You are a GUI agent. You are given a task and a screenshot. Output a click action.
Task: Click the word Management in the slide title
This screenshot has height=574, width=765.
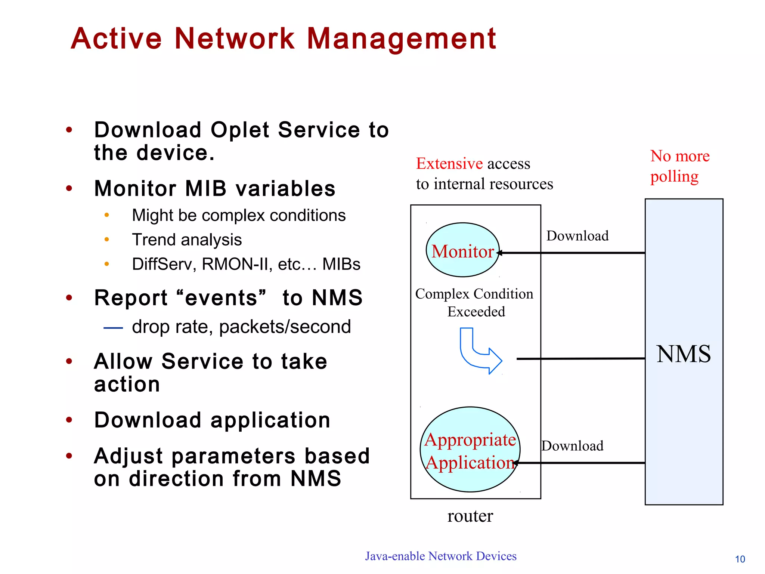(401, 39)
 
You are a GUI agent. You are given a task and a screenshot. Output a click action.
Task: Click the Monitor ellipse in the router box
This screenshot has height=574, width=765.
(462, 250)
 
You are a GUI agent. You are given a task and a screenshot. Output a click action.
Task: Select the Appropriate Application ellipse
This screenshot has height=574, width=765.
(470, 450)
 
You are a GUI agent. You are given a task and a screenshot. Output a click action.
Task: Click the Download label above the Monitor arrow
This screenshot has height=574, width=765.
(577, 236)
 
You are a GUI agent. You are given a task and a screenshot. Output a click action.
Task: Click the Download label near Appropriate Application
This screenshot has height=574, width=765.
(573, 446)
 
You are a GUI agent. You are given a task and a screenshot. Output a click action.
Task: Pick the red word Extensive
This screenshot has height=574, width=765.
(449, 164)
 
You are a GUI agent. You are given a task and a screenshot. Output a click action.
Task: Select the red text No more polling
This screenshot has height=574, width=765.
(679, 166)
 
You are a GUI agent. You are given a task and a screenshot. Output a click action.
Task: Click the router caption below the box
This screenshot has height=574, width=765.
(470, 516)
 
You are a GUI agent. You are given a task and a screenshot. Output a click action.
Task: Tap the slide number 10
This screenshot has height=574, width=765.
(740, 559)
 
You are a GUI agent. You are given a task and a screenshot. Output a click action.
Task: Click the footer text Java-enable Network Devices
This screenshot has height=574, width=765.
(441, 556)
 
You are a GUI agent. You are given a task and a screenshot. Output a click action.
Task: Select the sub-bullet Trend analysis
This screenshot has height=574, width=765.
(187, 240)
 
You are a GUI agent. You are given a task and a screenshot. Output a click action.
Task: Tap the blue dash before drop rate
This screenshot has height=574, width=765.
(113, 328)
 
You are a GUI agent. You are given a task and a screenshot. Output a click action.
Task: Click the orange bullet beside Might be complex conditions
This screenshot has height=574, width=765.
(107, 215)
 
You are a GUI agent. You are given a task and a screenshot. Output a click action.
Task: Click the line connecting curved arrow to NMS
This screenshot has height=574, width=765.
(581, 359)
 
